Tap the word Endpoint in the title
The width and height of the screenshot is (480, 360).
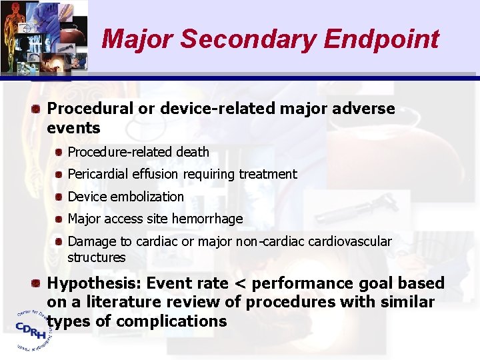coord(381,39)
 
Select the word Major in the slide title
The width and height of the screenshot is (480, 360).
coord(137,39)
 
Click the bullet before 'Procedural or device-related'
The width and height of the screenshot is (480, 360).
coord(39,109)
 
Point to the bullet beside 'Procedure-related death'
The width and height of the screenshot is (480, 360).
coord(59,153)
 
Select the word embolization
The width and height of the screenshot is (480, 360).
coord(151,197)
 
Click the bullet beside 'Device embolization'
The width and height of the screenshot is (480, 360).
coord(59,197)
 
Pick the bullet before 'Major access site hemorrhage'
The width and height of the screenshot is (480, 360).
coord(59,219)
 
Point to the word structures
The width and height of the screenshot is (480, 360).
coord(96,257)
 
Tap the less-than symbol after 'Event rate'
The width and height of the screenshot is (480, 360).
coord(238,284)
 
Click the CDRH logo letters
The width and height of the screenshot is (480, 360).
coord(31,327)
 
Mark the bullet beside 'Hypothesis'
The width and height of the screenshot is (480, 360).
coord(39,283)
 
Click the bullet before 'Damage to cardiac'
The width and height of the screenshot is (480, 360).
coord(59,241)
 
